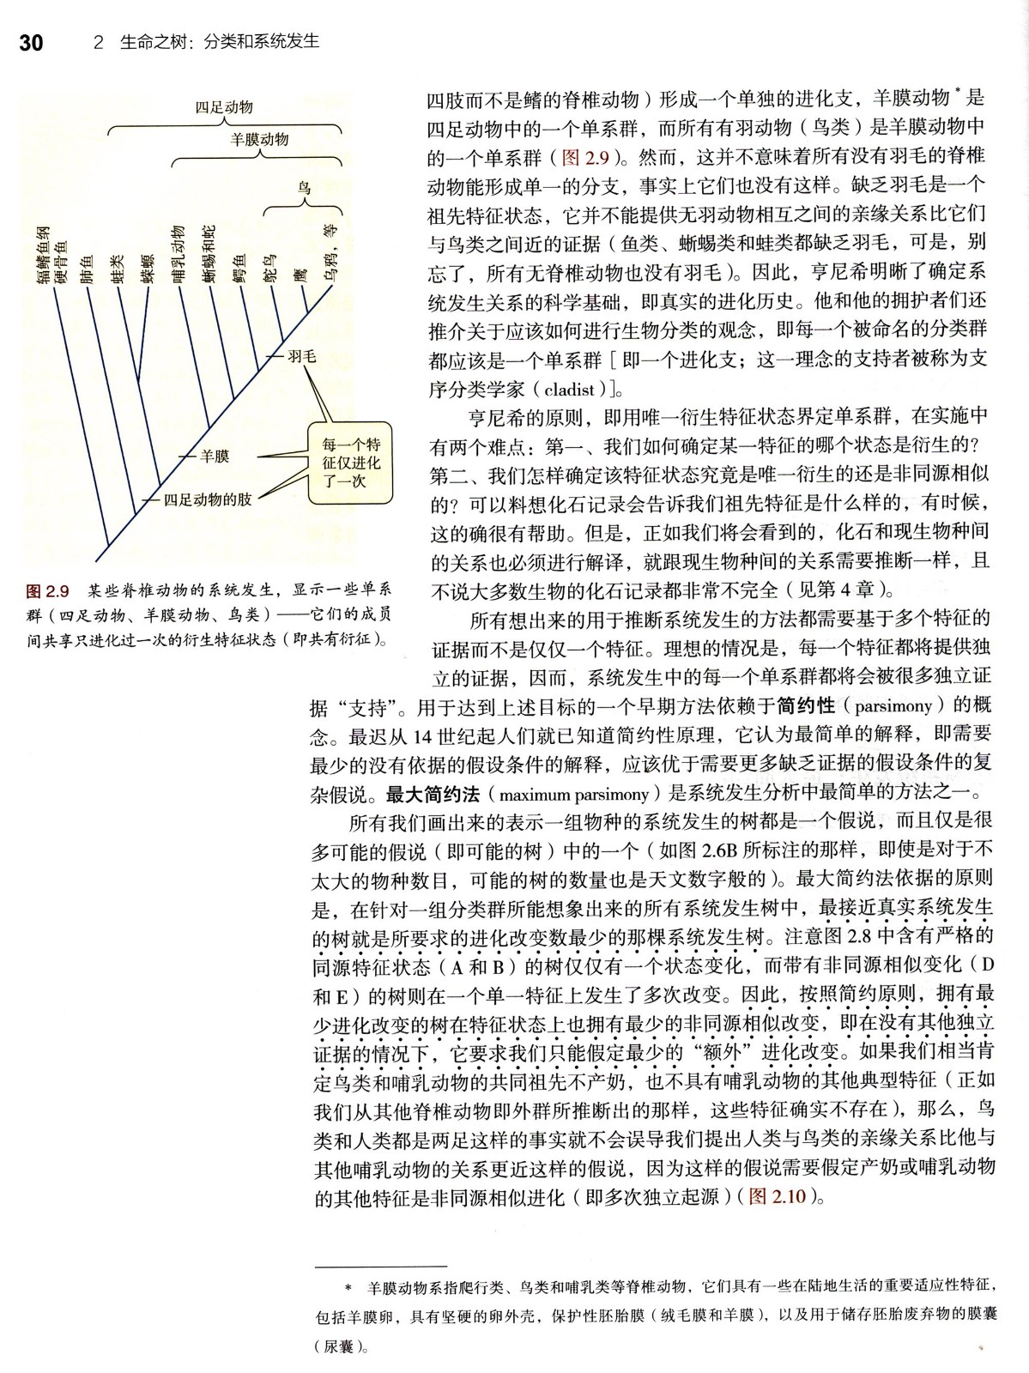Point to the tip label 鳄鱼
tap(240, 268)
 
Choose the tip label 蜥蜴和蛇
tap(209, 254)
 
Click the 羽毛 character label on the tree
tap(301, 355)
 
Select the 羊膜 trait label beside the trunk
tap(215, 457)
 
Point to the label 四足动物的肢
tap(208, 499)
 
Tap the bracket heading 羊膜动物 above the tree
tap(260, 139)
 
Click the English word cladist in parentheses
tap(576, 389)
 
